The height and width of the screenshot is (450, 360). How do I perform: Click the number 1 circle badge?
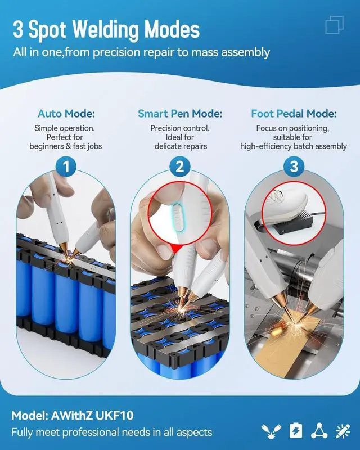click(x=66, y=166)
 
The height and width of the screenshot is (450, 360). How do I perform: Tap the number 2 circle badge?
click(x=179, y=166)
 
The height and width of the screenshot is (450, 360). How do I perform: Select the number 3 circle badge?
click(x=294, y=166)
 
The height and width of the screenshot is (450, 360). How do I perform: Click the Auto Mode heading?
click(x=66, y=114)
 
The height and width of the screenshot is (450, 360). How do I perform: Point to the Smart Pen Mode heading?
click(x=180, y=114)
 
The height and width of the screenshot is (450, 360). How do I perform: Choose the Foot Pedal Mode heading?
click(x=294, y=114)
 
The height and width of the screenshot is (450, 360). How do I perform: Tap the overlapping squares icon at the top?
click(x=335, y=25)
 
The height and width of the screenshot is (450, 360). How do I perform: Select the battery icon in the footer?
click(x=296, y=430)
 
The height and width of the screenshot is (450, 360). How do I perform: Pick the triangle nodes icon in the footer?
click(x=319, y=431)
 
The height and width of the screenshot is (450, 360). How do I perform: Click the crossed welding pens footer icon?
click(x=271, y=431)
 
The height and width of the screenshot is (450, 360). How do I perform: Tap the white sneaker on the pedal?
click(x=285, y=206)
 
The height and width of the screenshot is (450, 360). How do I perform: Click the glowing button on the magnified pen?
click(x=178, y=217)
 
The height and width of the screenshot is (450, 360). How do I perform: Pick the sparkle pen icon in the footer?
click(x=343, y=431)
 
